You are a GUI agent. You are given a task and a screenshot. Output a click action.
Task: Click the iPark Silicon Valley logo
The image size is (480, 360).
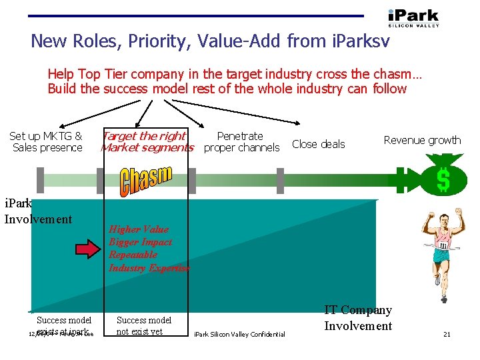pos(413,17)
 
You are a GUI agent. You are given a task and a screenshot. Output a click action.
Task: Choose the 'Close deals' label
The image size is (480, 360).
pos(319,144)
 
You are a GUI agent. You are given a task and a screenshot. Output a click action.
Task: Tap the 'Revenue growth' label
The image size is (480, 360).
pos(422,140)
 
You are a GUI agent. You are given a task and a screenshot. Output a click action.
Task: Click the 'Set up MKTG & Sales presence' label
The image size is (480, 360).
pos(47,142)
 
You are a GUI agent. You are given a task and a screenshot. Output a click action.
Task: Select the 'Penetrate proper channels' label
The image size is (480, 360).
pos(241,142)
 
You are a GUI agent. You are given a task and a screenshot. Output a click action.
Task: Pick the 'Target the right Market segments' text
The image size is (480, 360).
pos(147,142)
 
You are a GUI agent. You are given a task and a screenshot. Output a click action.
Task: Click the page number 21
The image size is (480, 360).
pos(447,334)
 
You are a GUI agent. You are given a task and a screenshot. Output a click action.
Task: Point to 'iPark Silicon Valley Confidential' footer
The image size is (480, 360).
pos(239,334)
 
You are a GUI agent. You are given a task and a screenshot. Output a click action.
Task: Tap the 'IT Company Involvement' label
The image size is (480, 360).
pos(358,318)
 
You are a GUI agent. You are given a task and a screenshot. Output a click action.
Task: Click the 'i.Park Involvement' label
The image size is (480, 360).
pos(38,212)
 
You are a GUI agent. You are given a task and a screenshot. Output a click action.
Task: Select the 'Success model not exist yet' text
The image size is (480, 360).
pos(144,325)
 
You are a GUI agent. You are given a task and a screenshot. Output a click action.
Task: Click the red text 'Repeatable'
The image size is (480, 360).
pos(133,255)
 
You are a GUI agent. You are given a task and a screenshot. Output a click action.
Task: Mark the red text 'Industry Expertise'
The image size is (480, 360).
pos(149,267)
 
